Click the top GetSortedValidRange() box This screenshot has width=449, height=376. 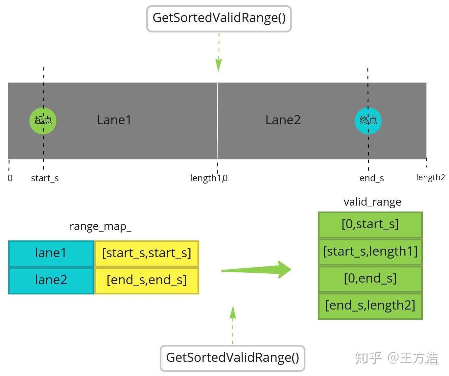(219, 19)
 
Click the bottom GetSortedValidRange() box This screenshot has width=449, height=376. (232, 358)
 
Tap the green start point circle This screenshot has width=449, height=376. (43, 121)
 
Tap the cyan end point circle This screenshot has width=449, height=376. (368, 121)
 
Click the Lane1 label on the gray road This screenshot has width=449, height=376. (114, 120)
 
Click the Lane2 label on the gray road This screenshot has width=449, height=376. (283, 120)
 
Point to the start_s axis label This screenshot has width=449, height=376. (45, 178)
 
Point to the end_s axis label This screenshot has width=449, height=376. (371, 178)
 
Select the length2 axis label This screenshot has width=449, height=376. (431, 178)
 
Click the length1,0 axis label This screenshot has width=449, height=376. (209, 178)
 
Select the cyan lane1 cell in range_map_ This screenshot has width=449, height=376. (51, 254)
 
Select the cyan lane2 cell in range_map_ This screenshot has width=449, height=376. (51, 281)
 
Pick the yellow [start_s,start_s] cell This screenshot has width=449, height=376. (147, 254)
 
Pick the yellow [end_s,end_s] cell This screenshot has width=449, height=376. (147, 281)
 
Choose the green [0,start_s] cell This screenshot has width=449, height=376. (370, 225)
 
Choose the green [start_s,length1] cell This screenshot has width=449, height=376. (370, 252)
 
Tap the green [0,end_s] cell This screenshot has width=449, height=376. (370, 279)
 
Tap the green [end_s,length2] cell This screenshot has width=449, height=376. (370, 306)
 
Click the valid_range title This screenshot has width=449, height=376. (372, 202)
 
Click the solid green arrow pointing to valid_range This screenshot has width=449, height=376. (256, 270)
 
